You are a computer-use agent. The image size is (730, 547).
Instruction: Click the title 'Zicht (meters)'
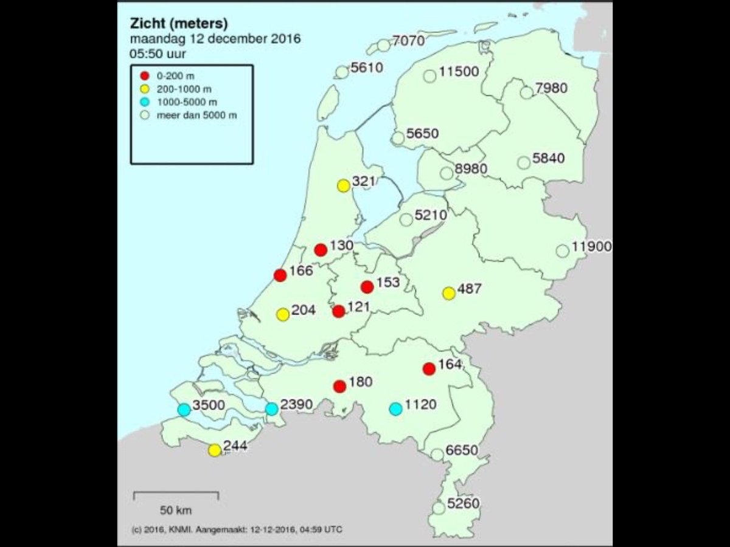pyautogui.click(x=179, y=24)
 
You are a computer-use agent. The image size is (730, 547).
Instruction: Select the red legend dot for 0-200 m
pyautogui.click(x=144, y=76)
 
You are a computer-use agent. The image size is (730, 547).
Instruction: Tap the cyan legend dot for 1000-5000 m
pyautogui.click(x=144, y=102)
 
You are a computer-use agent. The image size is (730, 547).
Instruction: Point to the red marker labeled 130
pyautogui.click(x=321, y=250)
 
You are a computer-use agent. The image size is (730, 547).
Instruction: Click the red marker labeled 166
pyautogui.click(x=280, y=275)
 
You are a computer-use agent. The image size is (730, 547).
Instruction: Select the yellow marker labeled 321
pyautogui.click(x=343, y=186)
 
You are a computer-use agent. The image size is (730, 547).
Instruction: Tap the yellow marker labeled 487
pyautogui.click(x=449, y=294)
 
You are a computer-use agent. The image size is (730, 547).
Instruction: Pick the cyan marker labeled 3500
pyautogui.click(x=184, y=410)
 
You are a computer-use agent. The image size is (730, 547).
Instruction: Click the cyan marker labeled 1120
pyautogui.click(x=395, y=409)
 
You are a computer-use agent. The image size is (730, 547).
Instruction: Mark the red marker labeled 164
pyautogui.click(x=429, y=368)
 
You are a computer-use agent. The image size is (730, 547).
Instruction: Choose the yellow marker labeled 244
pyautogui.click(x=214, y=450)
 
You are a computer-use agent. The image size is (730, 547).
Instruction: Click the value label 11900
pyautogui.click(x=591, y=247)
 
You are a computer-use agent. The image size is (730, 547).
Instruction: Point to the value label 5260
pyautogui.click(x=463, y=504)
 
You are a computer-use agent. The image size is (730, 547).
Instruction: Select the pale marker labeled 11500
pyautogui.click(x=430, y=77)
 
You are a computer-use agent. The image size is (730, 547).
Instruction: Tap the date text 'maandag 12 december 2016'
pyautogui.click(x=215, y=40)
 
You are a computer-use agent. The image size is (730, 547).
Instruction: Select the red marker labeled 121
pyautogui.click(x=339, y=312)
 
